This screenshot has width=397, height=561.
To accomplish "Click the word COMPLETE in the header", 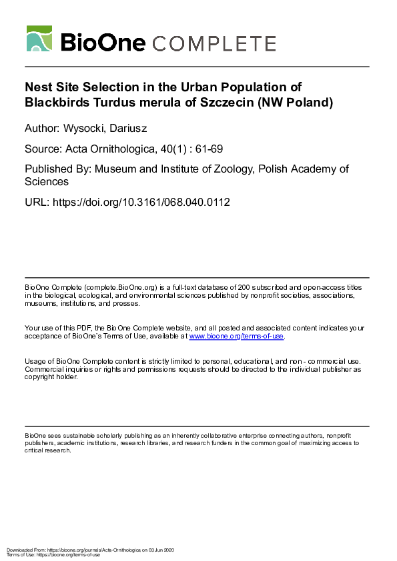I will point(214,43).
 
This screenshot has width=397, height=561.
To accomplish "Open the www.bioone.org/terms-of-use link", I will point(237,336).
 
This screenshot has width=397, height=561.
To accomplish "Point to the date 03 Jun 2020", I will point(160,550).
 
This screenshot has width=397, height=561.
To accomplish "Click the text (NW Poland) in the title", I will point(296,103).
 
